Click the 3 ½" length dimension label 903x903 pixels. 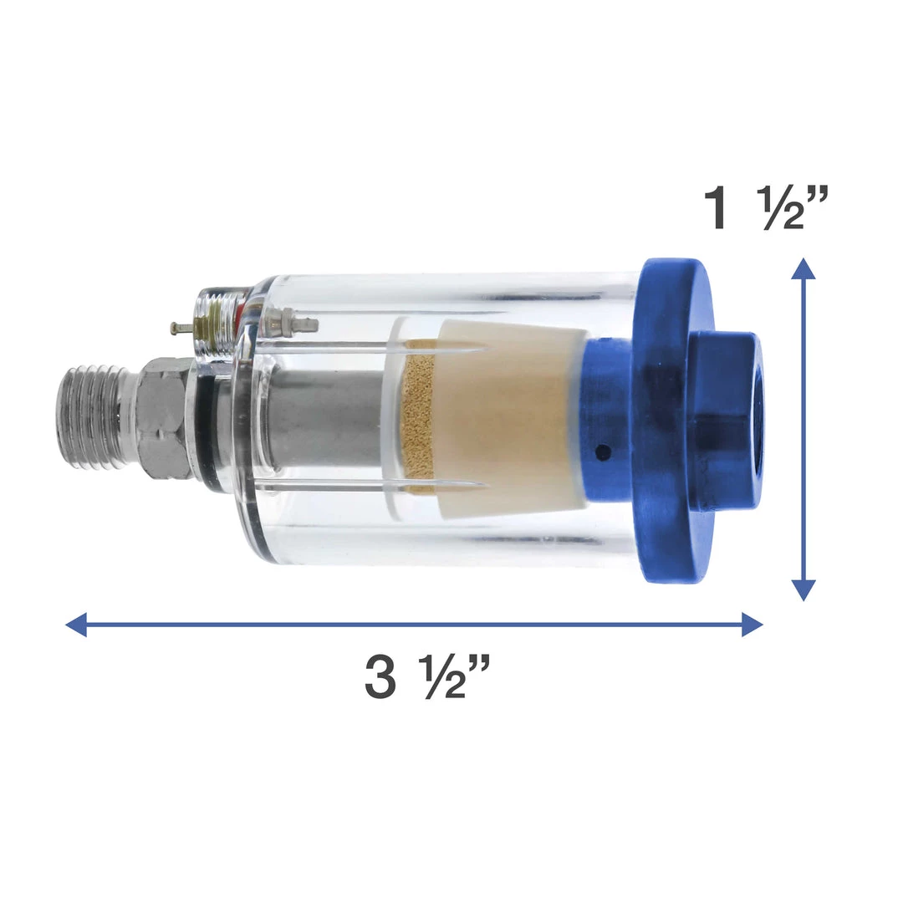[x=428, y=678]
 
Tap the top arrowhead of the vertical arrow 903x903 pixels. [x=804, y=269]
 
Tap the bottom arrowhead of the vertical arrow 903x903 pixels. [x=804, y=590]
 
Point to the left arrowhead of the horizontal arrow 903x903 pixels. [x=76, y=625]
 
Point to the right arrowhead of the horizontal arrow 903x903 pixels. [x=752, y=625]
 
